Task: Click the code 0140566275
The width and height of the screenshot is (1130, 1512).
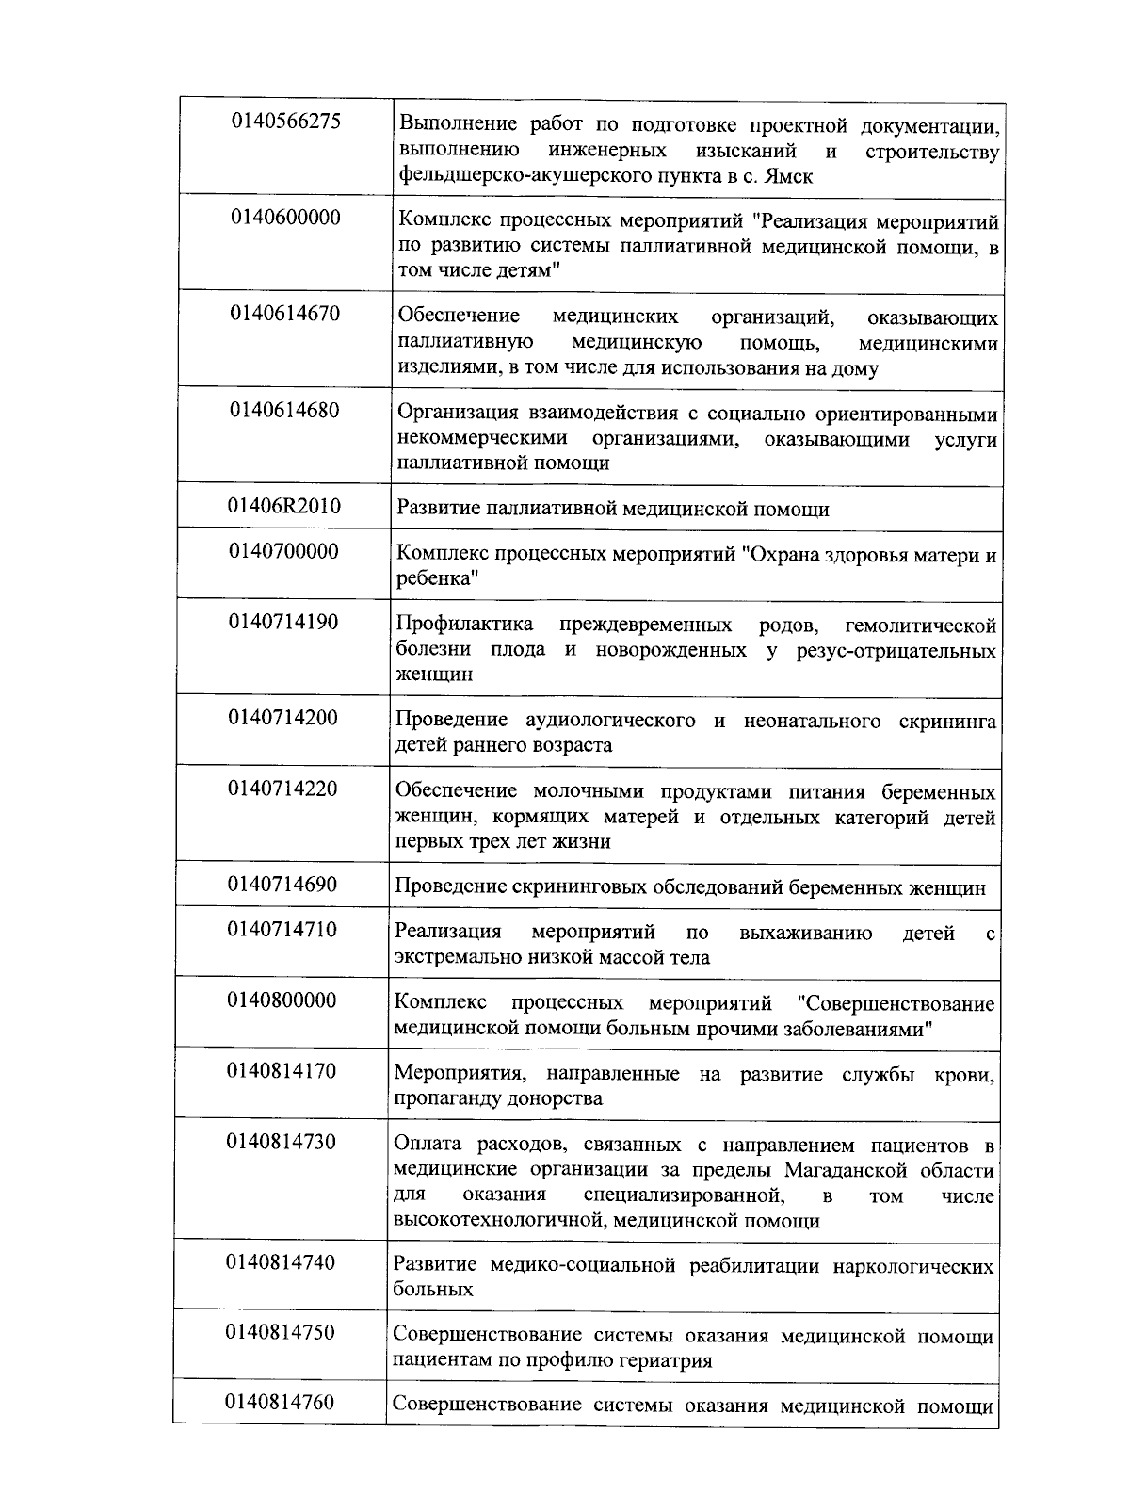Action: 285,122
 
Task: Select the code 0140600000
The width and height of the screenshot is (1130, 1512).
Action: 285,218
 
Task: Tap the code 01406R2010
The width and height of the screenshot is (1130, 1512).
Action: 284,507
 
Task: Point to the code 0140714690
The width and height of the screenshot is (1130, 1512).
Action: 282,885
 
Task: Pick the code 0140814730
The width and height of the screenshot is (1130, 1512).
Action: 281,1142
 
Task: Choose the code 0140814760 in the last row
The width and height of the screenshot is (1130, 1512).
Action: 280,1403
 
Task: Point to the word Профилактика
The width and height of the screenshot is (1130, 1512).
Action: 464,625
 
